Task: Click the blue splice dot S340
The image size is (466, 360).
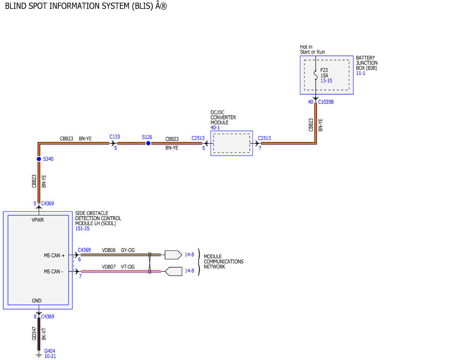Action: pos(39,159)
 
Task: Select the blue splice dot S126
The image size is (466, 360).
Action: pos(148,143)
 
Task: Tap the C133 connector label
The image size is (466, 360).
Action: pos(115,137)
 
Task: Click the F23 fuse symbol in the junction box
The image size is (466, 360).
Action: pos(316,75)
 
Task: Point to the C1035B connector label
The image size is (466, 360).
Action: pos(326,102)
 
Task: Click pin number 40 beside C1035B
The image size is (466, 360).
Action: pos(311,102)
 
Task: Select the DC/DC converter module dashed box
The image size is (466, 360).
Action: pos(231,143)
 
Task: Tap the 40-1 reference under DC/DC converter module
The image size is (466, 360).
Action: pos(215,128)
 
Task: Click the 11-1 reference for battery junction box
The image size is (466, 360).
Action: pos(360,73)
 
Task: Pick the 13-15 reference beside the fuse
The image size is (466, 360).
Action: pos(326,81)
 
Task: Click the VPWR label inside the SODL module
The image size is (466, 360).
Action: pos(38,220)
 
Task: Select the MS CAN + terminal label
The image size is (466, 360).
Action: pos(54,256)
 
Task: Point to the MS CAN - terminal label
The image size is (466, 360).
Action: pos(54,272)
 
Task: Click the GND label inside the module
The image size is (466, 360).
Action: pos(37,301)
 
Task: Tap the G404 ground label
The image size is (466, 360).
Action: pos(50,351)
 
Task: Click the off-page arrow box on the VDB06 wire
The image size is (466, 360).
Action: pos(173,255)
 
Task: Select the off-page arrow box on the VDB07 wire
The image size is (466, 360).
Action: pos(173,271)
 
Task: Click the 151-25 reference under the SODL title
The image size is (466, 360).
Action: pos(82,229)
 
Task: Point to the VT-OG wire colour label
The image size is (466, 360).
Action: pos(128,267)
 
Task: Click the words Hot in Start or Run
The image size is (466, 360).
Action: pos(312,49)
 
